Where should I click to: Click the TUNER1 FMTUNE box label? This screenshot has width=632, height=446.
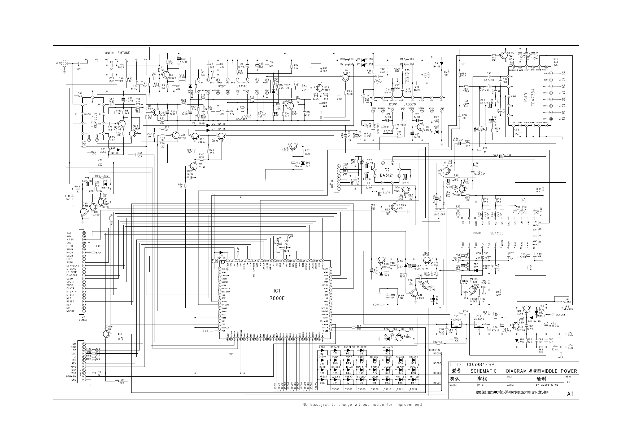click(116, 53)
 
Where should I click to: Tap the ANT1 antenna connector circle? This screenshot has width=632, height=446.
click(64, 64)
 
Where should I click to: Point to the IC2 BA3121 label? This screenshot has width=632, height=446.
click(386, 172)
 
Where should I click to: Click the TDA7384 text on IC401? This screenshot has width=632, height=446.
click(533, 98)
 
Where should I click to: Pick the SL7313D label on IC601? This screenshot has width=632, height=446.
click(496, 233)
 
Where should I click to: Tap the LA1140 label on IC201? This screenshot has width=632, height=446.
click(242, 86)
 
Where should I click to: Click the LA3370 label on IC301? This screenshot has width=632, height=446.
click(409, 105)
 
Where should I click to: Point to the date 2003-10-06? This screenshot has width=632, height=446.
click(549, 385)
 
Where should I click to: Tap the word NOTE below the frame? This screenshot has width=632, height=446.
click(308, 404)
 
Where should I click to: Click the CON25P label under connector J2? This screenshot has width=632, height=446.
click(83, 320)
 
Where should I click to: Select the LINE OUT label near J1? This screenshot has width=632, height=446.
click(439, 214)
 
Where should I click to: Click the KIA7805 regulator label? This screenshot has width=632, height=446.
click(479, 319)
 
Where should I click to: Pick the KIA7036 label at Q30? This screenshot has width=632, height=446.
click(456, 319)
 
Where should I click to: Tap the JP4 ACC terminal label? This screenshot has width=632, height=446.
click(570, 346)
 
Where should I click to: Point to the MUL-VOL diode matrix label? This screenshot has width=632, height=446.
click(388, 347)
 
